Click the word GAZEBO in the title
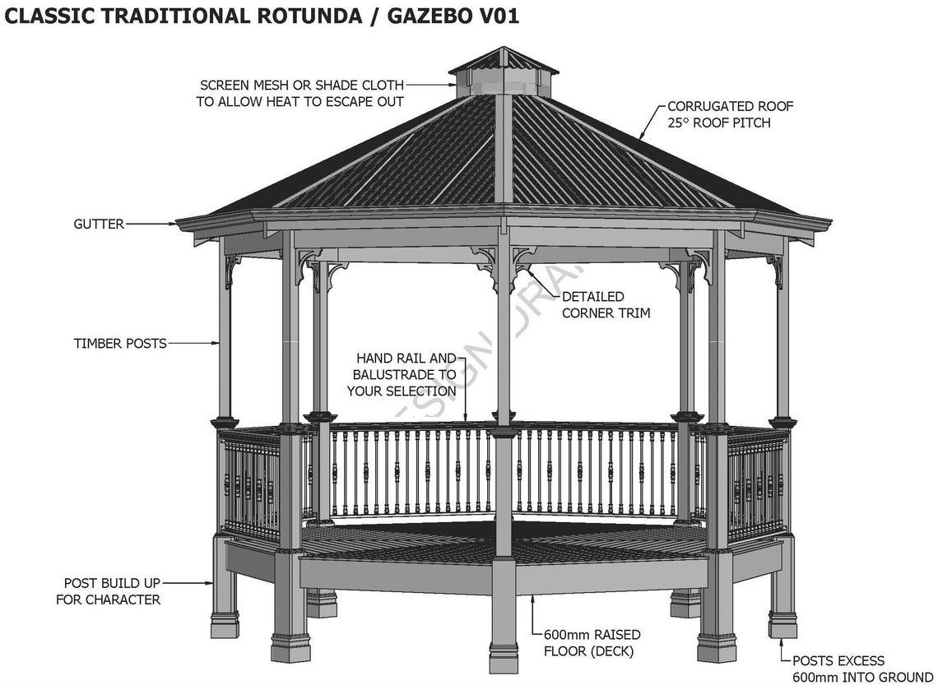point(411,16)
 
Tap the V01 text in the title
point(494,16)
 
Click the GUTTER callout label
point(99,224)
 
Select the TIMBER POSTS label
point(120,344)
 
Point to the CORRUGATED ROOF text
point(730,106)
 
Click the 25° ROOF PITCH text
point(718,123)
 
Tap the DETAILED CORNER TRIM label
point(606,304)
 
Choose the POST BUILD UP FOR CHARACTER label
point(108,591)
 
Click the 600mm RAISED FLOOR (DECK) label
point(592,643)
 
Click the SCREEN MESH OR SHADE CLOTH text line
point(302,85)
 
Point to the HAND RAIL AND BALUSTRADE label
point(405,375)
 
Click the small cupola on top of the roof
point(503,74)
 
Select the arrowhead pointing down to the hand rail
point(466,422)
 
